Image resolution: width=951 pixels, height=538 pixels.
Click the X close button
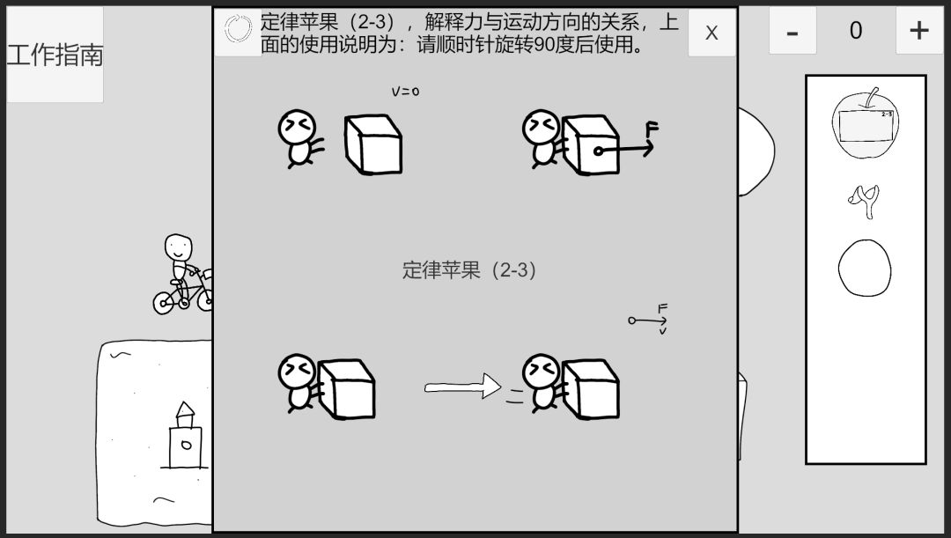point(711,33)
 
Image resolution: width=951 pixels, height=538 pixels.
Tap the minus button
point(792,31)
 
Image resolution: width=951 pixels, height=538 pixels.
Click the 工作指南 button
point(55,55)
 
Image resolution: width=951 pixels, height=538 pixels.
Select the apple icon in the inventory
point(866,123)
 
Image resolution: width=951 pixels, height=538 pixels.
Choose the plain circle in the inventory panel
point(865,268)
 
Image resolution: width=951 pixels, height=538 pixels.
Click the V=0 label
point(405,92)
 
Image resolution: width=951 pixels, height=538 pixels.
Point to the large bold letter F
point(652,129)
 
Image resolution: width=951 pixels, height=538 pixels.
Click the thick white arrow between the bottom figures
point(462,387)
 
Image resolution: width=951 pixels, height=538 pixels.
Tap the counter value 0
point(856,30)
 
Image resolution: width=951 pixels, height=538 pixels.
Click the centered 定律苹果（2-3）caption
point(469,270)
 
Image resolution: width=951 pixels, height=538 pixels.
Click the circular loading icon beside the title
point(238,28)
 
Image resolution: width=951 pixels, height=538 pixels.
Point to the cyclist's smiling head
point(178,247)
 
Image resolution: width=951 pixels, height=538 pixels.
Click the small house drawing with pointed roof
point(184,436)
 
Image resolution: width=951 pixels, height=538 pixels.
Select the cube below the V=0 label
point(373,145)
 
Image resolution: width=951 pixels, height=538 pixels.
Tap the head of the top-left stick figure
point(297,128)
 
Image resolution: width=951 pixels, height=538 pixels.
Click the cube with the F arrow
point(591,145)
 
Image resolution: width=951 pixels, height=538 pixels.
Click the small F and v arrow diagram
point(649,319)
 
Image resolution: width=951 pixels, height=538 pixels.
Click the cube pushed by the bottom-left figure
point(346,389)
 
